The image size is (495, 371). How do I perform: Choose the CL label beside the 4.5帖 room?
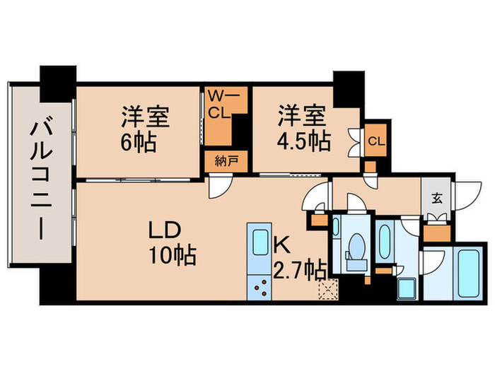click(x=376, y=141)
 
